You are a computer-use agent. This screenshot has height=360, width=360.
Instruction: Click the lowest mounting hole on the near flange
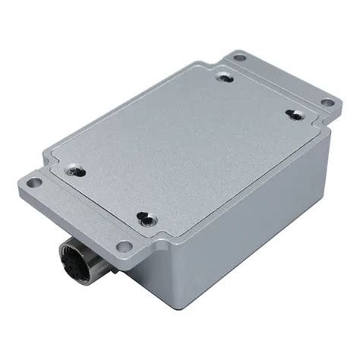tap(124, 245)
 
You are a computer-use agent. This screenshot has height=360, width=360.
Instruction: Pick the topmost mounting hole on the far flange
tap(240, 57)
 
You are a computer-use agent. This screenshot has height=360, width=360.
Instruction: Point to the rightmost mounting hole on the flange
tap(327, 103)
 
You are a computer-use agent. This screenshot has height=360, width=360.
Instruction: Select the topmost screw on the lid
tap(225, 76)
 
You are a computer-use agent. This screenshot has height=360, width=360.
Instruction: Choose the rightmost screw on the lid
tap(292, 114)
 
